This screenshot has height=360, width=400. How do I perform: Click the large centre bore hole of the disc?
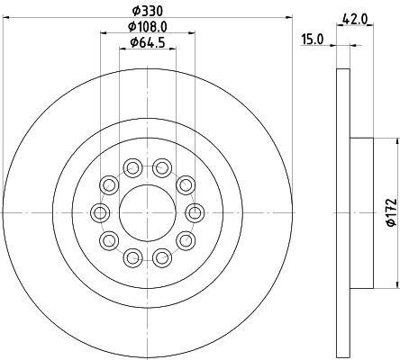(x=147, y=212)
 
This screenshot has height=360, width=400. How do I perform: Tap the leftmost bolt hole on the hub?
(x=99, y=212)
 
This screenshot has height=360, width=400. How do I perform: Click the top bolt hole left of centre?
(x=132, y=166)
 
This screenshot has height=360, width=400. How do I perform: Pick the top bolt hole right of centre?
(x=161, y=166)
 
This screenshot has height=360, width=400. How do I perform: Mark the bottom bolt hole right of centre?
(x=161, y=258)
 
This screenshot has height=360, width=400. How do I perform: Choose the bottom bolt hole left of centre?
(x=132, y=258)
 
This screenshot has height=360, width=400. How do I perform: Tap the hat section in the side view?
(x=359, y=212)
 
